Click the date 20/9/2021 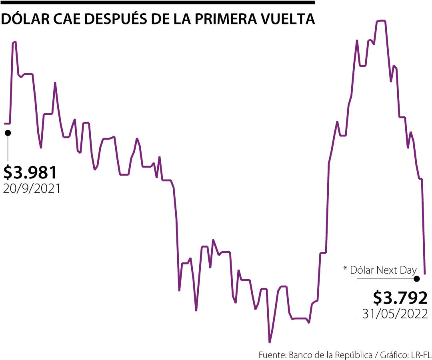[x=32, y=188]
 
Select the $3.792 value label [x=400, y=298]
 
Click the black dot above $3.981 [x=8, y=132]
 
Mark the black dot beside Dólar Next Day [x=417, y=278]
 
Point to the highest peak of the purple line [x=380, y=20]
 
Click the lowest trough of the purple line [x=270, y=342]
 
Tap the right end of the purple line [x=424, y=274]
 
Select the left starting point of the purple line [x=5, y=124]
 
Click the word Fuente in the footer [x=272, y=354]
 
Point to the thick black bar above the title [x=158, y=2]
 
